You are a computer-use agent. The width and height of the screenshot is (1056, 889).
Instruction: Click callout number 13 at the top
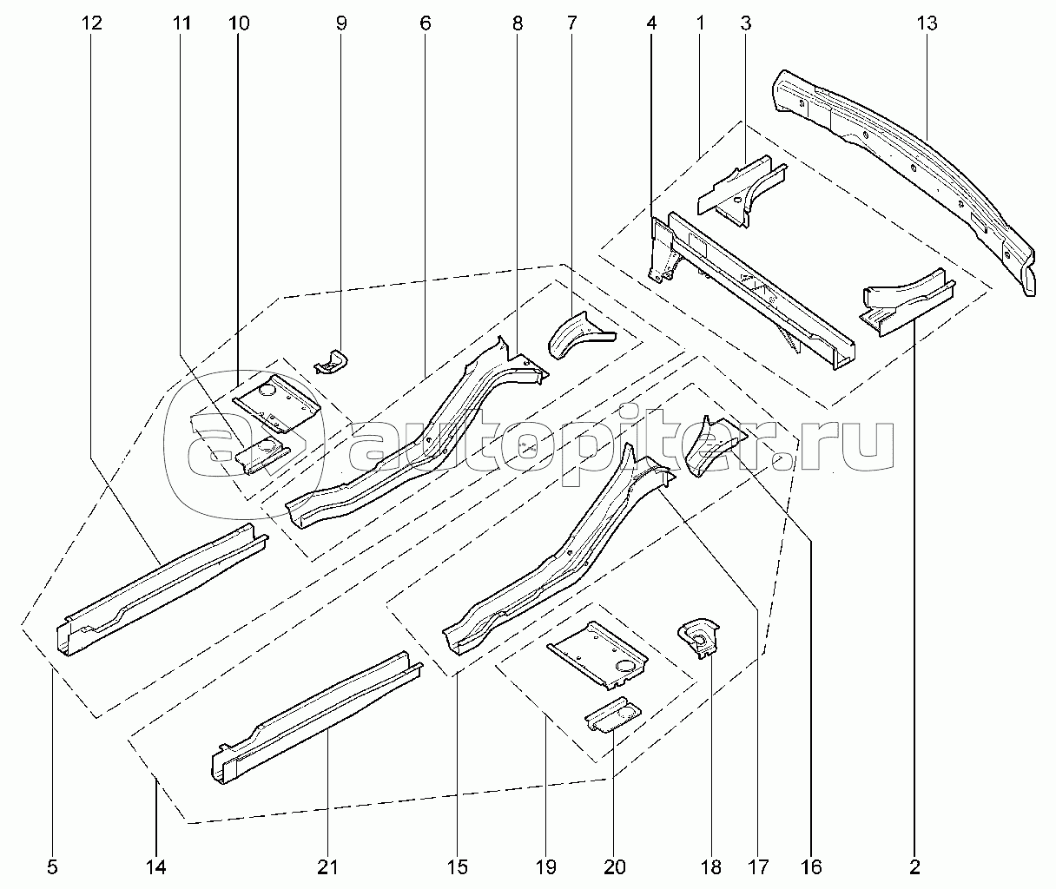(927, 23)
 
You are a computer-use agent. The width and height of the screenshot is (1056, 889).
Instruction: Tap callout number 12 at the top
(91, 23)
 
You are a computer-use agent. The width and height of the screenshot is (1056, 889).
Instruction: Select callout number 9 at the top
(341, 23)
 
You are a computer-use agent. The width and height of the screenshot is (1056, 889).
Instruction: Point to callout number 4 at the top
(651, 23)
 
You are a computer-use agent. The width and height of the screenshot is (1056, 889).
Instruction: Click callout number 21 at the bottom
(327, 867)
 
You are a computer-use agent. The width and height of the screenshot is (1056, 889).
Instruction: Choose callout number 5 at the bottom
(53, 867)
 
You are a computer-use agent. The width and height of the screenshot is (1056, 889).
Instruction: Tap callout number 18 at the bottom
(711, 867)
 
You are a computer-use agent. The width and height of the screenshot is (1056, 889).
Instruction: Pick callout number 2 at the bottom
(914, 867)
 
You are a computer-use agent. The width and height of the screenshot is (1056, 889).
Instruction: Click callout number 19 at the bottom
(546, 867)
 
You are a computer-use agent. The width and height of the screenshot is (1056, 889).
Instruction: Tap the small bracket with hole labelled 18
(699, 638)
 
